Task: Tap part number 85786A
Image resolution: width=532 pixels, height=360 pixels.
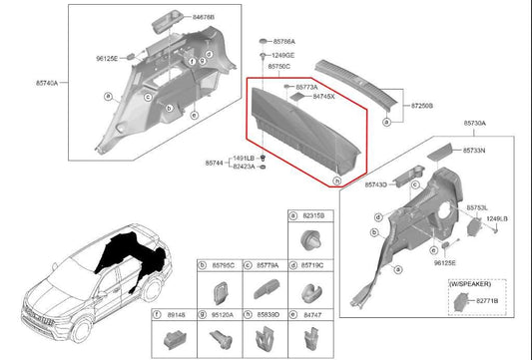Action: [282, 41]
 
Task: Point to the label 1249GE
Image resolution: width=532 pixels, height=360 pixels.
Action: [281, 54]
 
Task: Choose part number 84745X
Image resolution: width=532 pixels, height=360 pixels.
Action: [324, 97]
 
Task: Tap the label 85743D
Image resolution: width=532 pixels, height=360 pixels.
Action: [376, 185]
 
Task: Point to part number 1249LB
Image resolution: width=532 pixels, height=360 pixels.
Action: [496, 218]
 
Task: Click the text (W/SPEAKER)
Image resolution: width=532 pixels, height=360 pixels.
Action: [472, 285]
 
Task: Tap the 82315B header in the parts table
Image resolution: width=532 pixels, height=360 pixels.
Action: [314, 216]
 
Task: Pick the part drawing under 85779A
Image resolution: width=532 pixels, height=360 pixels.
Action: [266, 290]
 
